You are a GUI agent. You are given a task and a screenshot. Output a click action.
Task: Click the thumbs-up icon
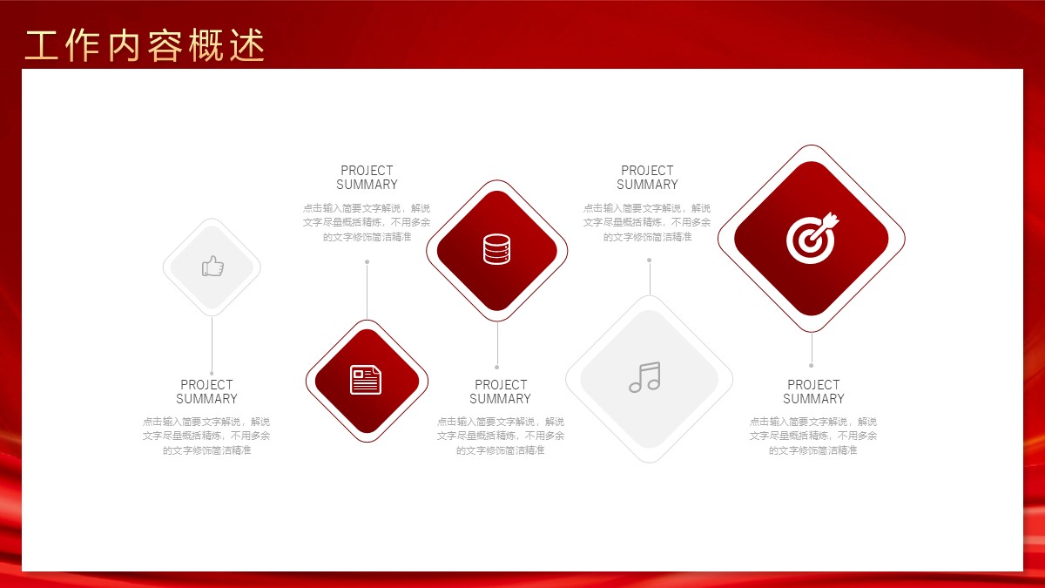(212, 266)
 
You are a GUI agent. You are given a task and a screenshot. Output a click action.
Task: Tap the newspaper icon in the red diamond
(366, 380)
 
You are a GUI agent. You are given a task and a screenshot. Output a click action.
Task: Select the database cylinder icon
(496, 249)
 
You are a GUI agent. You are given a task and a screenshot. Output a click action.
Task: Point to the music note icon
(644, 377)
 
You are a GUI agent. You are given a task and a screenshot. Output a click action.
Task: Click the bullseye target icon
(812, 238)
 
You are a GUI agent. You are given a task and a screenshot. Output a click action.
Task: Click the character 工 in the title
(42, 45)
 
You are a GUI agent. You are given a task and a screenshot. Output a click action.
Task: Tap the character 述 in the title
(247, 45)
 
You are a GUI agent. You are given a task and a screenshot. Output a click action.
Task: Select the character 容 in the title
(165, 45)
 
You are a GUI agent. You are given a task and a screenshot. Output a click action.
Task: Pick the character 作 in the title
(83, 45)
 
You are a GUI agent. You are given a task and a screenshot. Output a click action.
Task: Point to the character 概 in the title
(206, 45)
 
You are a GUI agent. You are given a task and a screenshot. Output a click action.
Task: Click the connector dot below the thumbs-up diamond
(212, 374)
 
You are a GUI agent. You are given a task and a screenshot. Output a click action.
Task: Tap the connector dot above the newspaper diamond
(367, 262)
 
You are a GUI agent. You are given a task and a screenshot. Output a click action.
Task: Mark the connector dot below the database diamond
(497, 368)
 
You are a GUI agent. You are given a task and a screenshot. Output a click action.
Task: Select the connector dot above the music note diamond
(650, 260)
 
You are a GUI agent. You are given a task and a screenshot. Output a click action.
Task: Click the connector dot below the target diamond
(812, 365)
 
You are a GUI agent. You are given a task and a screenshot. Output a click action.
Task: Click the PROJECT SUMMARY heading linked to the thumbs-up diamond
(206, 391)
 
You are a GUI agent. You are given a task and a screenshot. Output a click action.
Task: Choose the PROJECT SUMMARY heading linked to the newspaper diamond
(367, 178)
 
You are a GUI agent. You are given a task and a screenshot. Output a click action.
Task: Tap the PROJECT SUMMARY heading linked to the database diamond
(501, 391)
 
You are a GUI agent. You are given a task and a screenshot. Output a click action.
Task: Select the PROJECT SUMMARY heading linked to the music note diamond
(648, 178)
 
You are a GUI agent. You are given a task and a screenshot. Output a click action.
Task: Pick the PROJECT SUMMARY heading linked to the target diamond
(813, 391)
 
